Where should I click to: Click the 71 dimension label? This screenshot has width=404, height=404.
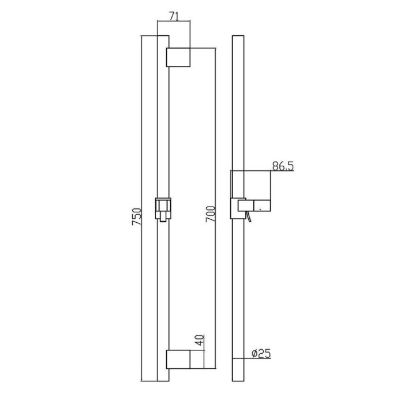pos(174,16)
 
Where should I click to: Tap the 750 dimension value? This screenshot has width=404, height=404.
pos(137,216)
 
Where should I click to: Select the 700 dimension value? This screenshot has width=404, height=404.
pos(210,214)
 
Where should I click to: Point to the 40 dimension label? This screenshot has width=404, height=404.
pos(200,340)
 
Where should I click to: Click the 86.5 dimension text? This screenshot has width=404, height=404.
pos(283,166)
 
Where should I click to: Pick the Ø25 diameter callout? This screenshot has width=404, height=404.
pos(261,353)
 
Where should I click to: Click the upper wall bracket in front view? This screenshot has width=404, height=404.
pos(178,57)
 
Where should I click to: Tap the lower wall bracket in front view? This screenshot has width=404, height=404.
pos(178,359)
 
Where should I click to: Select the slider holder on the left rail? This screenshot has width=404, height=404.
pos(163,210)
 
